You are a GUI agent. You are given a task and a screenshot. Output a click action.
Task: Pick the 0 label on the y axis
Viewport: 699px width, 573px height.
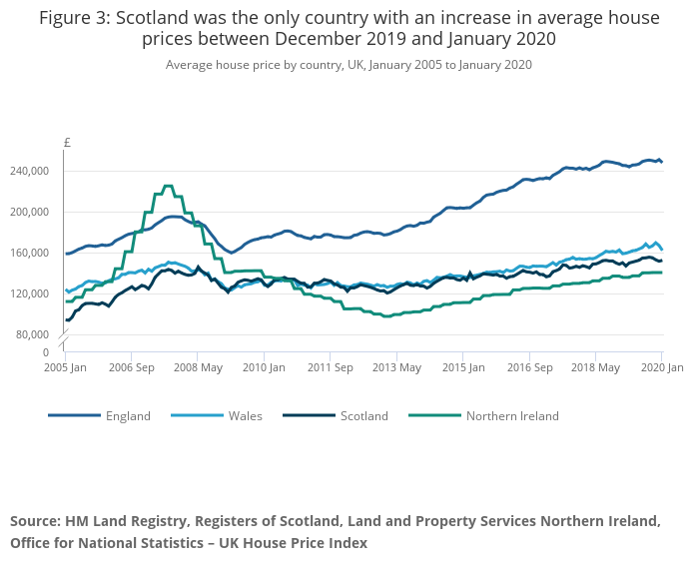[x=45, y=352]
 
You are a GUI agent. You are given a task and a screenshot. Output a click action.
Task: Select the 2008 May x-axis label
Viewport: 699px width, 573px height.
[x=199, y=367]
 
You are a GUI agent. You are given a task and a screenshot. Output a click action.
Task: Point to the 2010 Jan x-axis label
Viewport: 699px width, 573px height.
[x=265, y=367]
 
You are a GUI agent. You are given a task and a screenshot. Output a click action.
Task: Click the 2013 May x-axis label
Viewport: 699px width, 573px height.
[x=397, y=367]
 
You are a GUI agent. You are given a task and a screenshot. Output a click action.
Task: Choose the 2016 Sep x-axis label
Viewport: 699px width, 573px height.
[x=529, y=367]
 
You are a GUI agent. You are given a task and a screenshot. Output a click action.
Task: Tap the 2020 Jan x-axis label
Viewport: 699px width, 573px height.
[x=661, y=367]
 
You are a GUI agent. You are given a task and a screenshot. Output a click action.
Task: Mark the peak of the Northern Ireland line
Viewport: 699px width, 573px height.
[x=168, y=186]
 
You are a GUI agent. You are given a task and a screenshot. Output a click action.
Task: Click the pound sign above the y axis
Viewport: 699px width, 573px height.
[x=67, y=143]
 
